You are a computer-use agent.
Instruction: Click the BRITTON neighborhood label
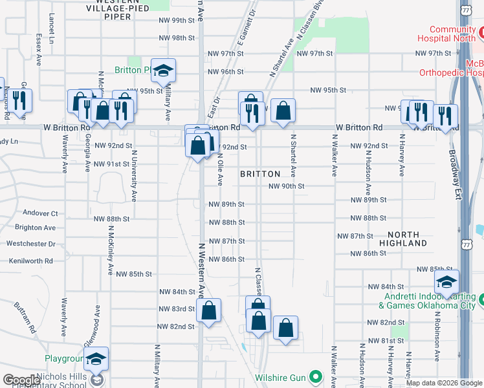(260, 174)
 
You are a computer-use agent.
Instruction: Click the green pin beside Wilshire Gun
(316, 375)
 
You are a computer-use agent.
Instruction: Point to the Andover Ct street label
(41, 213)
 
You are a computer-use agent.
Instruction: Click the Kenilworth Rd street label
(30, 261)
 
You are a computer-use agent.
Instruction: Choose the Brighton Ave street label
(35, 228)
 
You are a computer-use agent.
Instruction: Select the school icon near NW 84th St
(446, 283)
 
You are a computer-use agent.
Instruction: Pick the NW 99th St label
(176, 21)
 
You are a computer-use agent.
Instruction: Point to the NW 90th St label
(287, 186)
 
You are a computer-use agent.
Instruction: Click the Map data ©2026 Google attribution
(443, 383)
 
